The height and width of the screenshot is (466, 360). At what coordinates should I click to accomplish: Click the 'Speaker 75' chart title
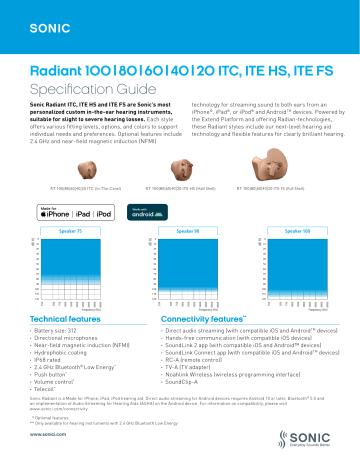click(76, 203)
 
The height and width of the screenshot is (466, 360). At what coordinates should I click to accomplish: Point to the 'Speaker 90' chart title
click(182, 203)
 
